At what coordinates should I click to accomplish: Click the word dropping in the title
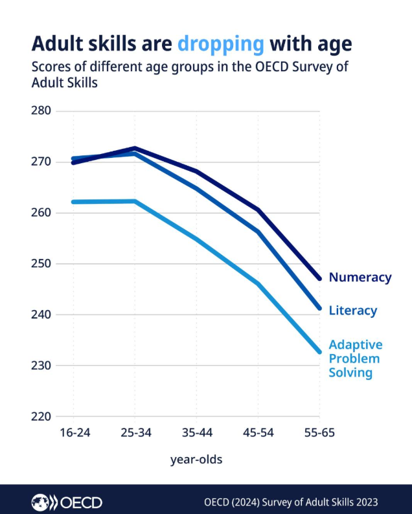tap(220, 43)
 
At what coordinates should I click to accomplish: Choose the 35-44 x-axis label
tap(196, 433)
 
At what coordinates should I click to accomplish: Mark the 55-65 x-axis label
tap(319, 433)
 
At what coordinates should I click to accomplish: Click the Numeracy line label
tap(360, 277)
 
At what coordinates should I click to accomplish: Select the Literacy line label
tap(352, 311)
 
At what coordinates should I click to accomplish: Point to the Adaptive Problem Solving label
tap(355, 359)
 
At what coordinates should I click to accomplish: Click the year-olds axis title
tap(196, 460)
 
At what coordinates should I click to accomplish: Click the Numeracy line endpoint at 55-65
tap(319, 278)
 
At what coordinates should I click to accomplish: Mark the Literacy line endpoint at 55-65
tap(319, 308)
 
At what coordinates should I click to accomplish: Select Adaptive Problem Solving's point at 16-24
tap(73, 202)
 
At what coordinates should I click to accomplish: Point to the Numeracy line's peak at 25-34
tap(135, 148)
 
